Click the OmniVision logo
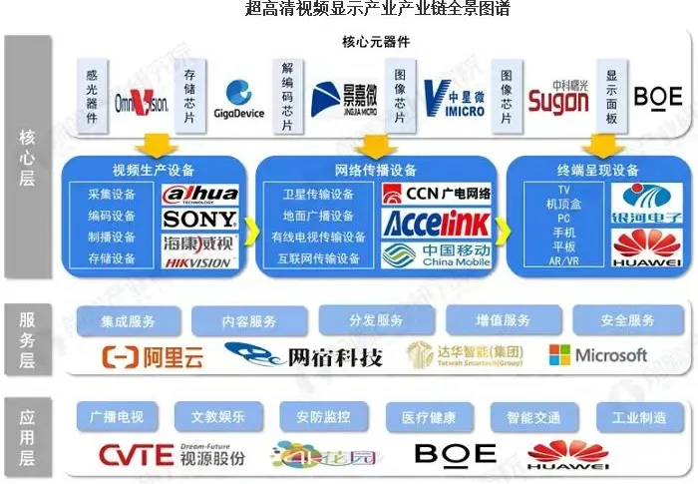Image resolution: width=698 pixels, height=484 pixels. coord(141,100)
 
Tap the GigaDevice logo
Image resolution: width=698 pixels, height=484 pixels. coord(238,101)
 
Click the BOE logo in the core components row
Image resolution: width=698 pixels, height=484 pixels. coord(658,97)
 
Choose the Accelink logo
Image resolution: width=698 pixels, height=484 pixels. coord(436,222)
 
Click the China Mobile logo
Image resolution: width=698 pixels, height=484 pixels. coord(436,253)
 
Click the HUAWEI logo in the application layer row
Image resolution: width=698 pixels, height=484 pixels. coord(567,455)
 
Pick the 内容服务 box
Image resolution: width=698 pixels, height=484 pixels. coord(248,321)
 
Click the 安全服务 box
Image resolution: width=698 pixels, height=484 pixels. coord(627,321)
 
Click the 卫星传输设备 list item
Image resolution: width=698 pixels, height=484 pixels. coord(312,194)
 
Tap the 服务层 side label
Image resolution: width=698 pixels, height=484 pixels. coord(29,339)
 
